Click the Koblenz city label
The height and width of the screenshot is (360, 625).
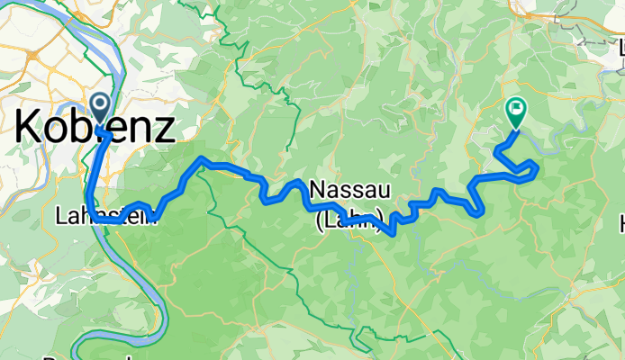[x=95, y=127]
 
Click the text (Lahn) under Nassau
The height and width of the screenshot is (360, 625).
[x=351, y=217]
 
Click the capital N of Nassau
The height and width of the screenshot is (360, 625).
[x=317, y=190]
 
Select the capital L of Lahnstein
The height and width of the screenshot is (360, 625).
[x=60, y=216]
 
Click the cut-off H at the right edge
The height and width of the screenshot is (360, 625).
[x=620, y=221]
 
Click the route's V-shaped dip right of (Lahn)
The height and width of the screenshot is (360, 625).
[x=390, y=232]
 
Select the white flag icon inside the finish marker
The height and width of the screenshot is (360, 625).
[x=517, y=110]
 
